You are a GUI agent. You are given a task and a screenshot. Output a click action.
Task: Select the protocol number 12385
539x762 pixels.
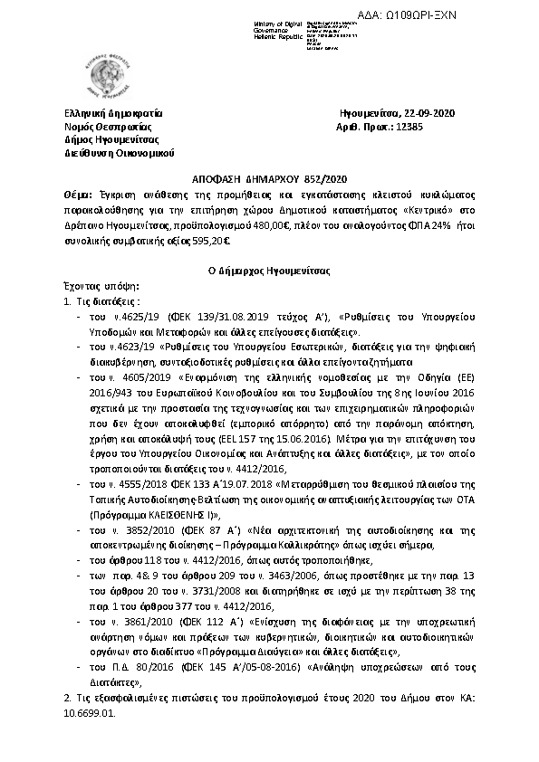click(x=421, y=127)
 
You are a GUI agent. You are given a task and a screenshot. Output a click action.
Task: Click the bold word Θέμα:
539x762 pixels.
click(x=79, y=194)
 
